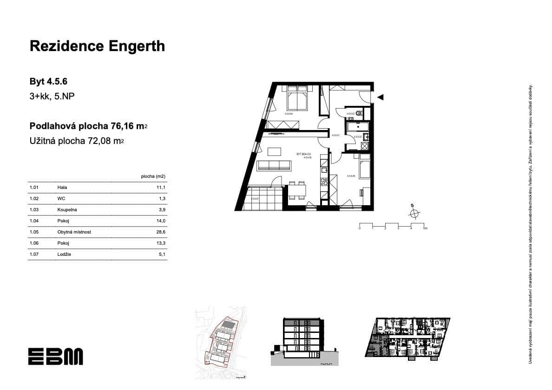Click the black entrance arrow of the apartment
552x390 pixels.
[x=380, y=97]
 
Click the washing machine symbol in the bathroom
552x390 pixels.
[x=365, y=146]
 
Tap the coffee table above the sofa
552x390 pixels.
[x=274, y=151]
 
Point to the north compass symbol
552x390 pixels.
[x=414, y=213]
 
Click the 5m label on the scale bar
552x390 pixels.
[x=425, y=229]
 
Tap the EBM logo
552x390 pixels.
[x=55, y=356]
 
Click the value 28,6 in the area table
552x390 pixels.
[x=161, y=232]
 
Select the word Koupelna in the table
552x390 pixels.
[x=67, y=210]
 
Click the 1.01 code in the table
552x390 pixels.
[x=33, y=188]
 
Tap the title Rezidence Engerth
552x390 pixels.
[x=97, y=46]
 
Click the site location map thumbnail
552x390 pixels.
[x=221, y=342]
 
